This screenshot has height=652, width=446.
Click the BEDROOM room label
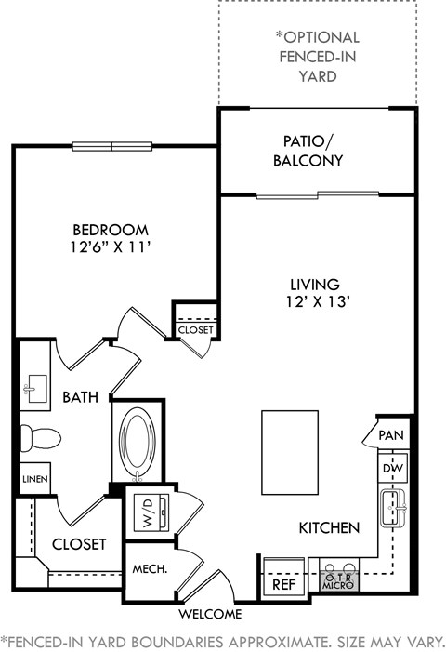[111, 230]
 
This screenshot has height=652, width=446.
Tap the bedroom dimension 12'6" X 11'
[111, 248]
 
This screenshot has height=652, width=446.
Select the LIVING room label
[313, 283]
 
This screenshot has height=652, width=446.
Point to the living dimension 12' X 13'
[313, 301]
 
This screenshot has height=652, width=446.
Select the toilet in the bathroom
[40, 436]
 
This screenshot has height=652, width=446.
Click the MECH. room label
[149, 569]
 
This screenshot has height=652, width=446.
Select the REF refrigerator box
[282, 585]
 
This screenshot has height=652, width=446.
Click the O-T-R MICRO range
[338, 581]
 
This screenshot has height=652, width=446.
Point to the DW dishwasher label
[392, 469]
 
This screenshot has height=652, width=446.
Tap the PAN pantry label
[391, 434]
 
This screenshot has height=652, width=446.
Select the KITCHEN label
[329, 527]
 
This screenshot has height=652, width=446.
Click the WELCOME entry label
[211, 613]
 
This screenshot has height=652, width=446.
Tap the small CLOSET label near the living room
[195, 329]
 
